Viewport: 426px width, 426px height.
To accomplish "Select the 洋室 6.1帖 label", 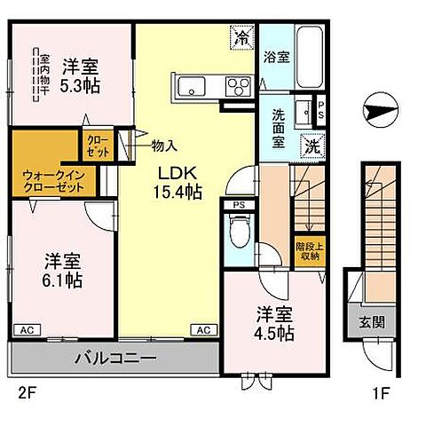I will point(63,270).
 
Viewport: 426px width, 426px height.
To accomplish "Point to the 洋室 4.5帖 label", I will point(274,323).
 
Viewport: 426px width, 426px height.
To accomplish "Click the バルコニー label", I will point(115,359).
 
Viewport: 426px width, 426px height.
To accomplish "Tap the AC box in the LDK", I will point(204,330).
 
